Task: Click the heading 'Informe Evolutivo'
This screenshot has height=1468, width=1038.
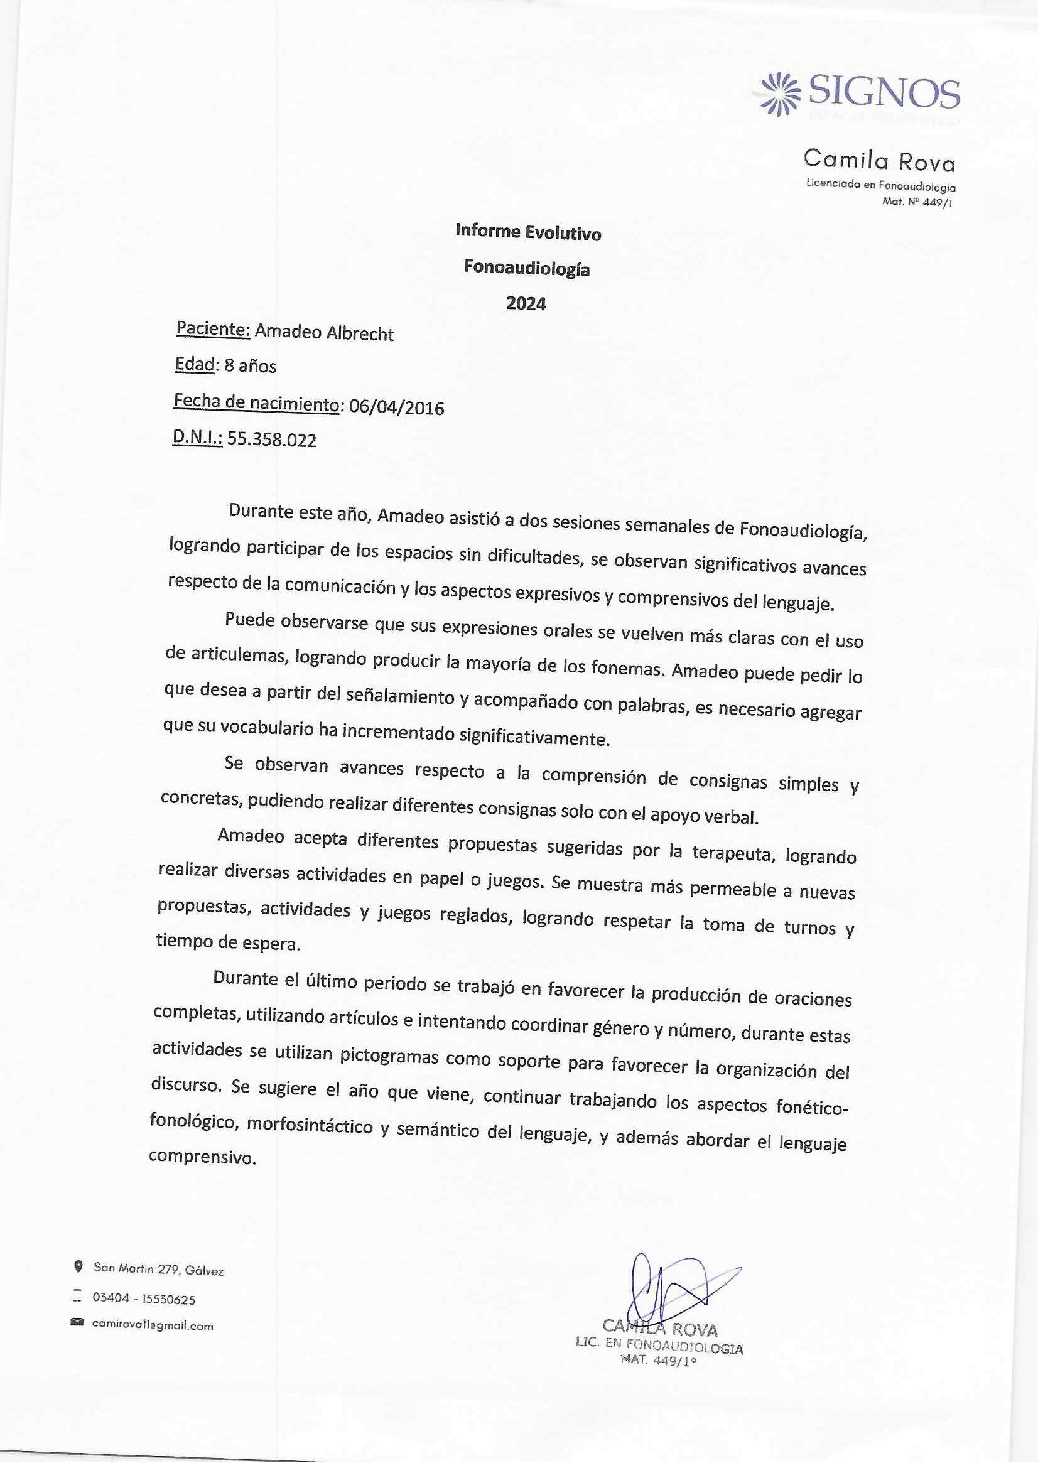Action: pos(527,233)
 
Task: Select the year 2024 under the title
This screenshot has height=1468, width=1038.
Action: pos(526,304)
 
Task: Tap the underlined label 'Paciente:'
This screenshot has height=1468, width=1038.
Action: pos(213,329)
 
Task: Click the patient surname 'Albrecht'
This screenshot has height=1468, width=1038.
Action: pos(360,335)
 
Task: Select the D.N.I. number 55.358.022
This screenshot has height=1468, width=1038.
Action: pos(272,440)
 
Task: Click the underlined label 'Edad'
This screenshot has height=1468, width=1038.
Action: pos(195,364)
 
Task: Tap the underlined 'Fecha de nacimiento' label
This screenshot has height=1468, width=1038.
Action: pos(256,403)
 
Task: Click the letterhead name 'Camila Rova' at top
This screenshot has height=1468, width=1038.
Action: pos(879,160)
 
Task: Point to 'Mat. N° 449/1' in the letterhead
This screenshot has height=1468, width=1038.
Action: pos(917,203)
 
